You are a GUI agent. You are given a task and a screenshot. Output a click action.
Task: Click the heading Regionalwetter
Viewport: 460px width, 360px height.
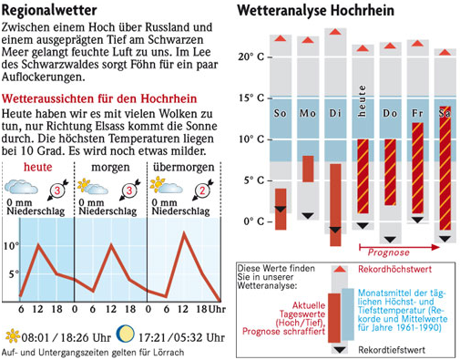49,11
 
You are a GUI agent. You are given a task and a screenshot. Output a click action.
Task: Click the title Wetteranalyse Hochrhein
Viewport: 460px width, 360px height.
316,11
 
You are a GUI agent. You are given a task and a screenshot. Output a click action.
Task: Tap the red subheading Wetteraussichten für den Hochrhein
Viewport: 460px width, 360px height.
99,98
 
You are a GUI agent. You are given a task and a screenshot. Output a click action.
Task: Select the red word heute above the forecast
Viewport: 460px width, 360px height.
38,167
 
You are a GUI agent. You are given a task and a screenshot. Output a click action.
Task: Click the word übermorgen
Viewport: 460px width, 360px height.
184,168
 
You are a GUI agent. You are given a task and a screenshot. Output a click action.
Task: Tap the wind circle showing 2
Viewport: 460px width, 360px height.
202,190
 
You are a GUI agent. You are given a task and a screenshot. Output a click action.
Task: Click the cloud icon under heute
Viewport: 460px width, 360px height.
21,187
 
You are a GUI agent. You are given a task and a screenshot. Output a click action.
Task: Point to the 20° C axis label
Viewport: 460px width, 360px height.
250,57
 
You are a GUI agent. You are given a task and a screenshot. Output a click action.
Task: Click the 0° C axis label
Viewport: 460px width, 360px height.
254,221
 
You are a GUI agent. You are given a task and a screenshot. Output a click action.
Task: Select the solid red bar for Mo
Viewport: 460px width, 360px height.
308,169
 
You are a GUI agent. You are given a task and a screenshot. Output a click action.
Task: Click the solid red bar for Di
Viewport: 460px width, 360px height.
335,205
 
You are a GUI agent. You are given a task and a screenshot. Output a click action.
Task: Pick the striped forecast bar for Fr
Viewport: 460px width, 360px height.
417,168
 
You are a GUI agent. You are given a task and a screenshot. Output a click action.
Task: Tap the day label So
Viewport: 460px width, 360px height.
280,113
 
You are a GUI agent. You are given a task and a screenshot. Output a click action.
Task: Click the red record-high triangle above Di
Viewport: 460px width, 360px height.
335,32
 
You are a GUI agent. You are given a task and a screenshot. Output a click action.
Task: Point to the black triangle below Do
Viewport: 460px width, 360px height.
390,240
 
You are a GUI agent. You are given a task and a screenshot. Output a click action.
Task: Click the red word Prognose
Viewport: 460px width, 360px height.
389,252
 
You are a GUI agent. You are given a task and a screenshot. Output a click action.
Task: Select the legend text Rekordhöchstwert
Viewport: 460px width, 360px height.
394,269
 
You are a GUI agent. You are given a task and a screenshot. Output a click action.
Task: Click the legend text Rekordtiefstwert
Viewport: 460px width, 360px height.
392,350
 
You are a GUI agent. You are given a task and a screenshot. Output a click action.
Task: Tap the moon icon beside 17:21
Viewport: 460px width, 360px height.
126,334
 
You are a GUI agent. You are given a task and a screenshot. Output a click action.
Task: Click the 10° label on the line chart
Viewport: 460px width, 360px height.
11,246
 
